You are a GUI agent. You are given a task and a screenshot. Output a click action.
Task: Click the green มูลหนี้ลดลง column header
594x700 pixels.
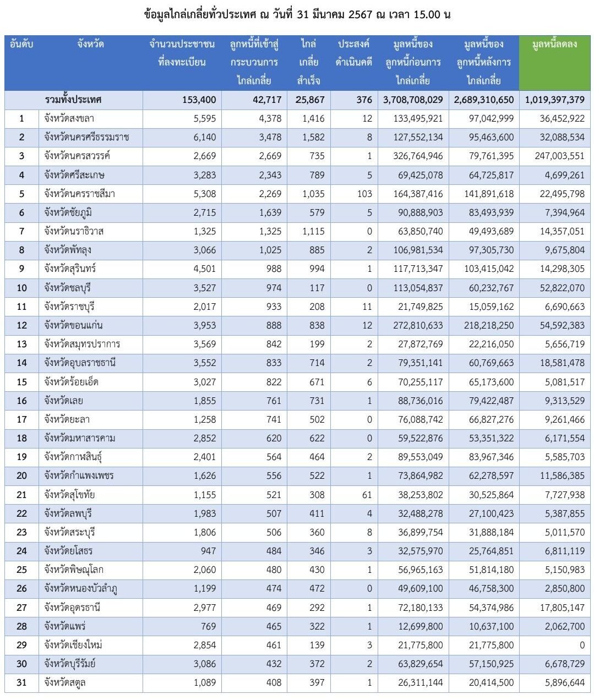click(x=554, y=44)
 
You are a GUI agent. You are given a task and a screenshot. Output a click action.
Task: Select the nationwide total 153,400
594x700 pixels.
click(x=199, y=100)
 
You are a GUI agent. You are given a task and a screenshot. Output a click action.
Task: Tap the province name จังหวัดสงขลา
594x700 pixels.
click(x=69, y=118)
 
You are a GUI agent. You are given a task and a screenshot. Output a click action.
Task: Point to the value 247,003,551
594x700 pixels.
click(x=559, y=156)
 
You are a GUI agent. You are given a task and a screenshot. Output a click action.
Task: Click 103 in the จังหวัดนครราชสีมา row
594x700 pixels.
click(x=364, y=194)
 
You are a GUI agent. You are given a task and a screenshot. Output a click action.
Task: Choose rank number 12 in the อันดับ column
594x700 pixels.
click(x=21, y=325)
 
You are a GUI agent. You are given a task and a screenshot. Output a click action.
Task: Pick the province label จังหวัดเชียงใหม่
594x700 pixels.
click(x=73, y=644)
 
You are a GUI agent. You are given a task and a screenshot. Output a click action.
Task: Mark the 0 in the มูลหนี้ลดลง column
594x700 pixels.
click(x=582, y=645)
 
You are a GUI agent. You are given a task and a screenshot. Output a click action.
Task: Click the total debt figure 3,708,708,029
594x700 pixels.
click(x=413, y=100)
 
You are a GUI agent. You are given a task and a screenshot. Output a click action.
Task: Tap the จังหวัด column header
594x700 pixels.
click(x=90, y=44)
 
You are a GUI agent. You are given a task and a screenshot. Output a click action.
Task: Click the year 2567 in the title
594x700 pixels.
click(x=361, y=14)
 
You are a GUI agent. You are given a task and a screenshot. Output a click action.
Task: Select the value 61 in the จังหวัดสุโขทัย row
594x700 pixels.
click(x=367, y=495)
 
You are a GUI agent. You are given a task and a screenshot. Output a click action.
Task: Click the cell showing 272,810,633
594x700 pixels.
click(x=418, y=325)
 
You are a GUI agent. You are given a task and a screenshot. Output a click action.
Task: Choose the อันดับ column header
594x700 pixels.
click(x=21, y=44)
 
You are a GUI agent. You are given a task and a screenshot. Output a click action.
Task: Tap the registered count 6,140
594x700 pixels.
click(x=205, y=137)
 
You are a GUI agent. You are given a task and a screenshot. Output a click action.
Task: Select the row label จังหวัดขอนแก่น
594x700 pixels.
click(x=73, y=325)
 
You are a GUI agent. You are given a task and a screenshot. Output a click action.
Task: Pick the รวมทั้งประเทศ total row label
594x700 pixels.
click(x=73, y=100)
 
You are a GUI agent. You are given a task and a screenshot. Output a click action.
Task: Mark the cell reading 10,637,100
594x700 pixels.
click(x=491, y=626)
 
